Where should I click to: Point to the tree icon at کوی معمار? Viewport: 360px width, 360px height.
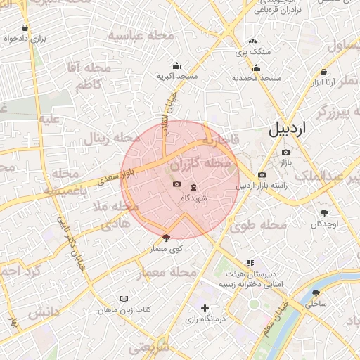point(166,238)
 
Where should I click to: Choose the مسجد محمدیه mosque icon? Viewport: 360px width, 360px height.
point(256,68)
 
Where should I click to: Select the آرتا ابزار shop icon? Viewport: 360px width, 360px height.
point(323,72)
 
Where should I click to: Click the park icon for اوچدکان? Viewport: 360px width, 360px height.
point(325,213)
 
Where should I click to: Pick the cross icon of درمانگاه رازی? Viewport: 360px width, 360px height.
point(205,308)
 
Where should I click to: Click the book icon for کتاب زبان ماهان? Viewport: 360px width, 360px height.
point(124,299)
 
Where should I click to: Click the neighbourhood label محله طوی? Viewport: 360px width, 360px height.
point(258,226)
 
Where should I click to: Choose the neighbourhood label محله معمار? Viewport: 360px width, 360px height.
point(172,271)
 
